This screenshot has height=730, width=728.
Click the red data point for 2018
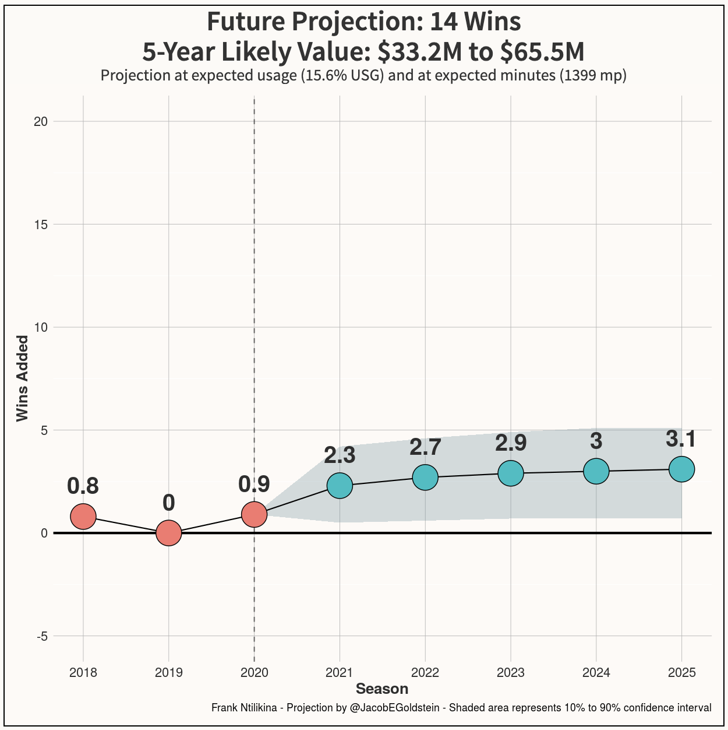(83, 516)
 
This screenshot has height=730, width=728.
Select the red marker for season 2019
(169, 533)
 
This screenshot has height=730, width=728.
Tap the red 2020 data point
(255, 514)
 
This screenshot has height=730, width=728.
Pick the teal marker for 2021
(340, 486)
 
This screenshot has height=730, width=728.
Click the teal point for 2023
(511, 473)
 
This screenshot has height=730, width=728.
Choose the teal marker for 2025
(682, 469)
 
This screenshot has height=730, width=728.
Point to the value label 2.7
(425, 447)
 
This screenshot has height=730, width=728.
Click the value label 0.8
(83, 486)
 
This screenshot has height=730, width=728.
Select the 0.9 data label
(255, 484)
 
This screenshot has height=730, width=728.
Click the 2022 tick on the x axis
(425, 672)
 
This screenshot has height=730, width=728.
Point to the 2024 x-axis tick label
(596, 672)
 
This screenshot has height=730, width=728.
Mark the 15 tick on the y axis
(41, 224)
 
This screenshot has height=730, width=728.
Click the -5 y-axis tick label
(42, 636)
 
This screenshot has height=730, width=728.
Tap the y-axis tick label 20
(41, 121)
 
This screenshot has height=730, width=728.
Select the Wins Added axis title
(22, 378)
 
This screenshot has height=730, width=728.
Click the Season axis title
(382, 689)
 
